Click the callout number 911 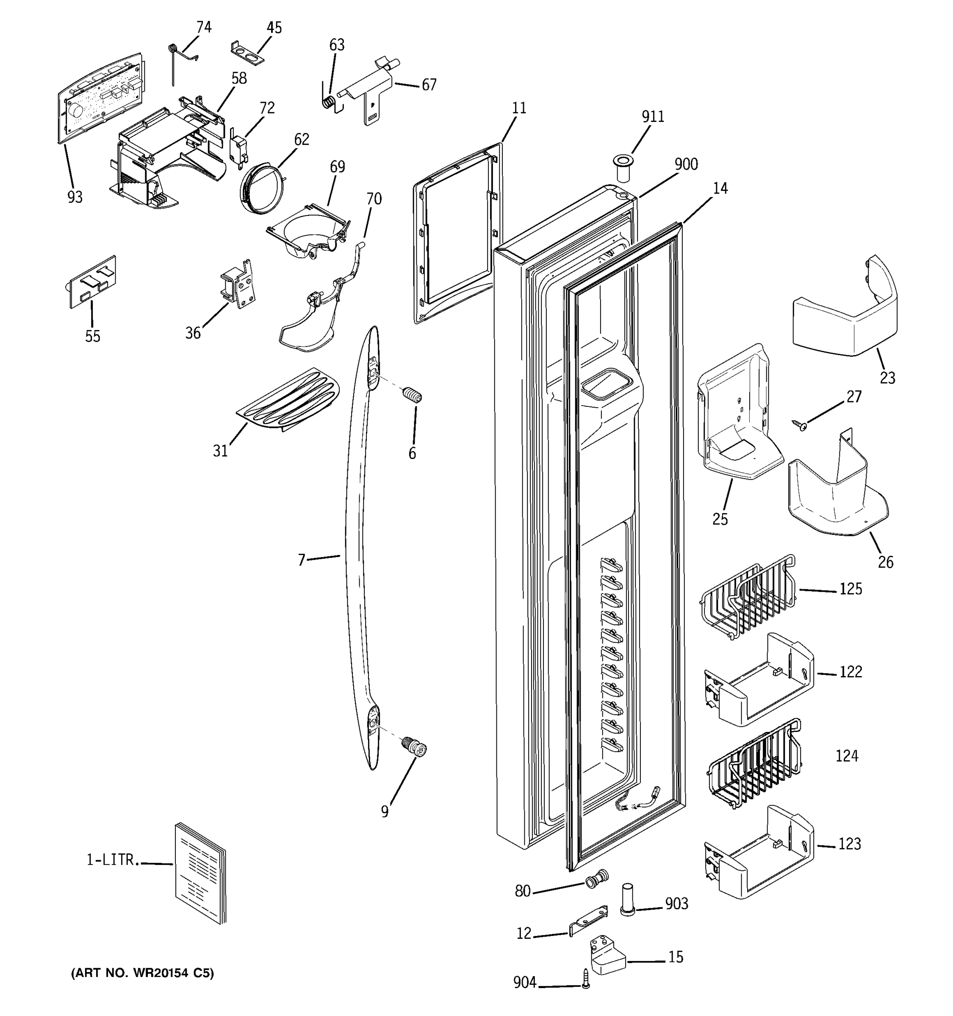click(653, 117)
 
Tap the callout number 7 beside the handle click(302, 560)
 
